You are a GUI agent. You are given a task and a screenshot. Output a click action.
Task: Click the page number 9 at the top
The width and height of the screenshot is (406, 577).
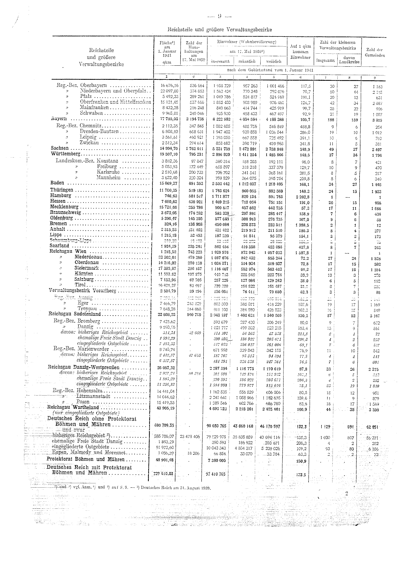coord(219,17)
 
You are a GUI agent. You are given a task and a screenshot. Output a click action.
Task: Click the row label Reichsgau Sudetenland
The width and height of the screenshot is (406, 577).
coord(75,314)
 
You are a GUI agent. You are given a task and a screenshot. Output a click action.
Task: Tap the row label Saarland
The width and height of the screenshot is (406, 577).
coord(59,246)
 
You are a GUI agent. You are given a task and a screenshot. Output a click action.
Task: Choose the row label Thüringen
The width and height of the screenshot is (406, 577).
coord(62,190)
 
